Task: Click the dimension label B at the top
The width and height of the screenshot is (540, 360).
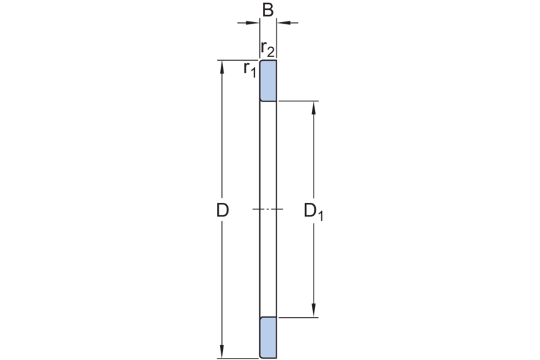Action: click(x=268, y=10)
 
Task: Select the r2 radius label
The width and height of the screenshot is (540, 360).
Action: click(x=268, y=49)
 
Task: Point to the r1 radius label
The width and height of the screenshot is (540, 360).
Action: click(x=250, y=69)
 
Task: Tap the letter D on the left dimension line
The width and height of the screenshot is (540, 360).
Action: click(x=222, y=210)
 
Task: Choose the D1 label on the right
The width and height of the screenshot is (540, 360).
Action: click(x=314, y=211)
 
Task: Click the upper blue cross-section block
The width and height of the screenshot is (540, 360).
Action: click(x=268, y=81)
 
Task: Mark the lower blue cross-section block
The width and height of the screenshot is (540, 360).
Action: click(x=268, y=338)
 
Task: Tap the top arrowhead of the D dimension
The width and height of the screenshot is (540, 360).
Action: click(x=222, y=68)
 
